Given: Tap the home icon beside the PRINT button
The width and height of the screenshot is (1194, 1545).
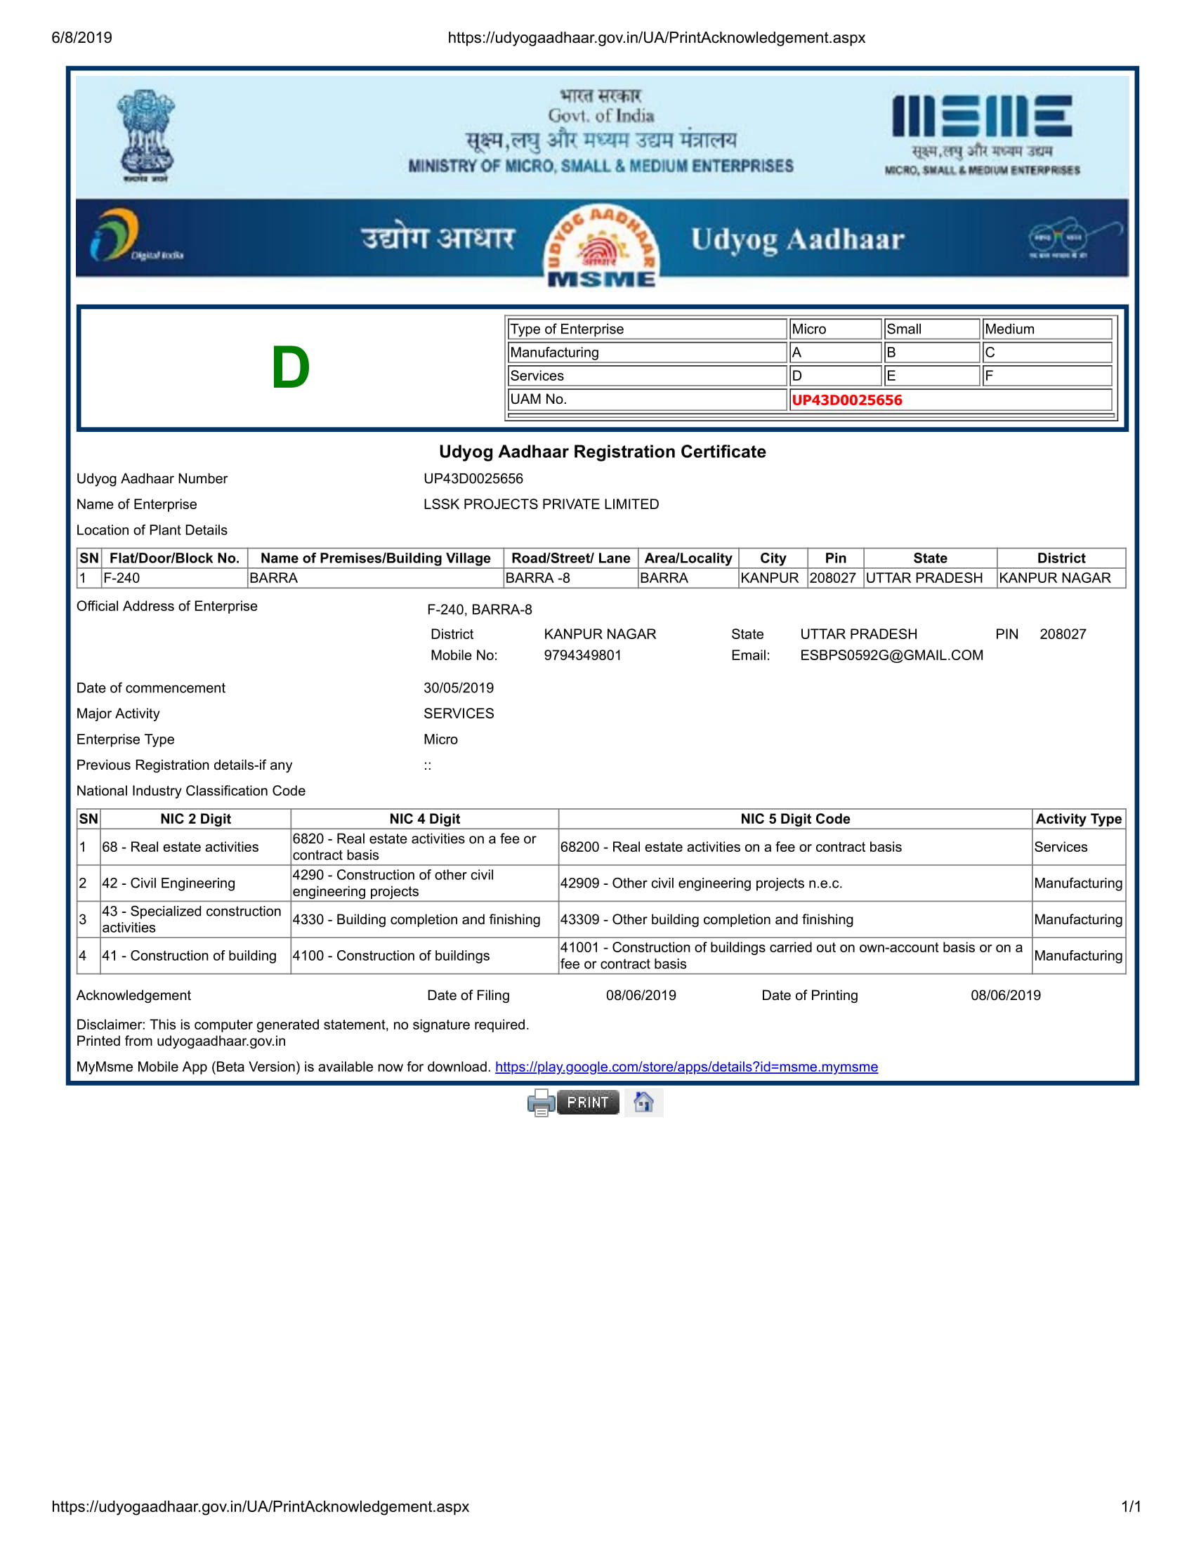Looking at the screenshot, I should coord(643,1102).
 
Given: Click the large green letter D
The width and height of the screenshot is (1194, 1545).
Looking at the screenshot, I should coord(290,368).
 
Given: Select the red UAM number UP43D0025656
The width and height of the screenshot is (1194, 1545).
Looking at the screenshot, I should coord(847,400).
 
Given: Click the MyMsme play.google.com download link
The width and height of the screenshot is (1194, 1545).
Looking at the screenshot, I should coord(686,1067).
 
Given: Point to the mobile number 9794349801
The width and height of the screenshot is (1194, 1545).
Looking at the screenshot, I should coord(582,655).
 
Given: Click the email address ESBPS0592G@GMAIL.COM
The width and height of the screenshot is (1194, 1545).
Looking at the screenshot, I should coord(891,655).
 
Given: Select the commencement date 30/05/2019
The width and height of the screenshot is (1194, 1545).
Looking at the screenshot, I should coord(459,688).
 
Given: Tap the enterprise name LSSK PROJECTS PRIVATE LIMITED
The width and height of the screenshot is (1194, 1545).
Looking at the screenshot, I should coord(541,504).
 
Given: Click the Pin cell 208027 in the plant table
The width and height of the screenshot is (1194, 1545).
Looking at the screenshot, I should coord(832,578).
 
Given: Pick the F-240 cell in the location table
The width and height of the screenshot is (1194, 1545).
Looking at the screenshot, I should coord(122,578).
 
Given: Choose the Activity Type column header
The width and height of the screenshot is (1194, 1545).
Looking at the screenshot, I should coord(1078,818).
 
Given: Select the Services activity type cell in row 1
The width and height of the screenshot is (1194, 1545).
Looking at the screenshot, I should coord(1061,847).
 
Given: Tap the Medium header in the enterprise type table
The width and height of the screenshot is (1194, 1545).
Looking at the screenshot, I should coord(1009,329).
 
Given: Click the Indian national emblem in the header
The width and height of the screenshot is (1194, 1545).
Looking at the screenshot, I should coord(145,136).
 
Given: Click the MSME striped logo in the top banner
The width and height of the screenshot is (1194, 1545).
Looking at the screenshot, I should coord(982,117).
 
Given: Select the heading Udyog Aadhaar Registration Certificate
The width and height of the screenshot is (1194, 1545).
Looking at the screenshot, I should coord(602,452).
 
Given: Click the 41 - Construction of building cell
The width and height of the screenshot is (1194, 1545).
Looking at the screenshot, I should coord(189,956).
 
